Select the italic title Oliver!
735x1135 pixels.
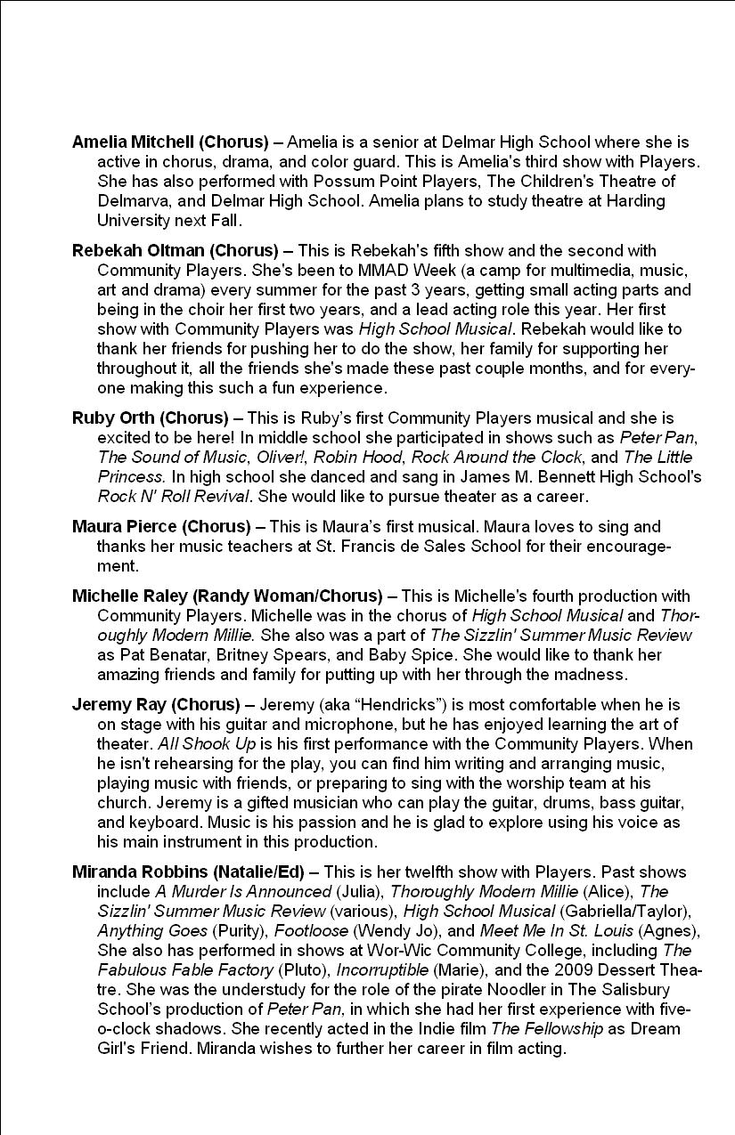279,458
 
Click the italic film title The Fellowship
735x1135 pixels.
548,1029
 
